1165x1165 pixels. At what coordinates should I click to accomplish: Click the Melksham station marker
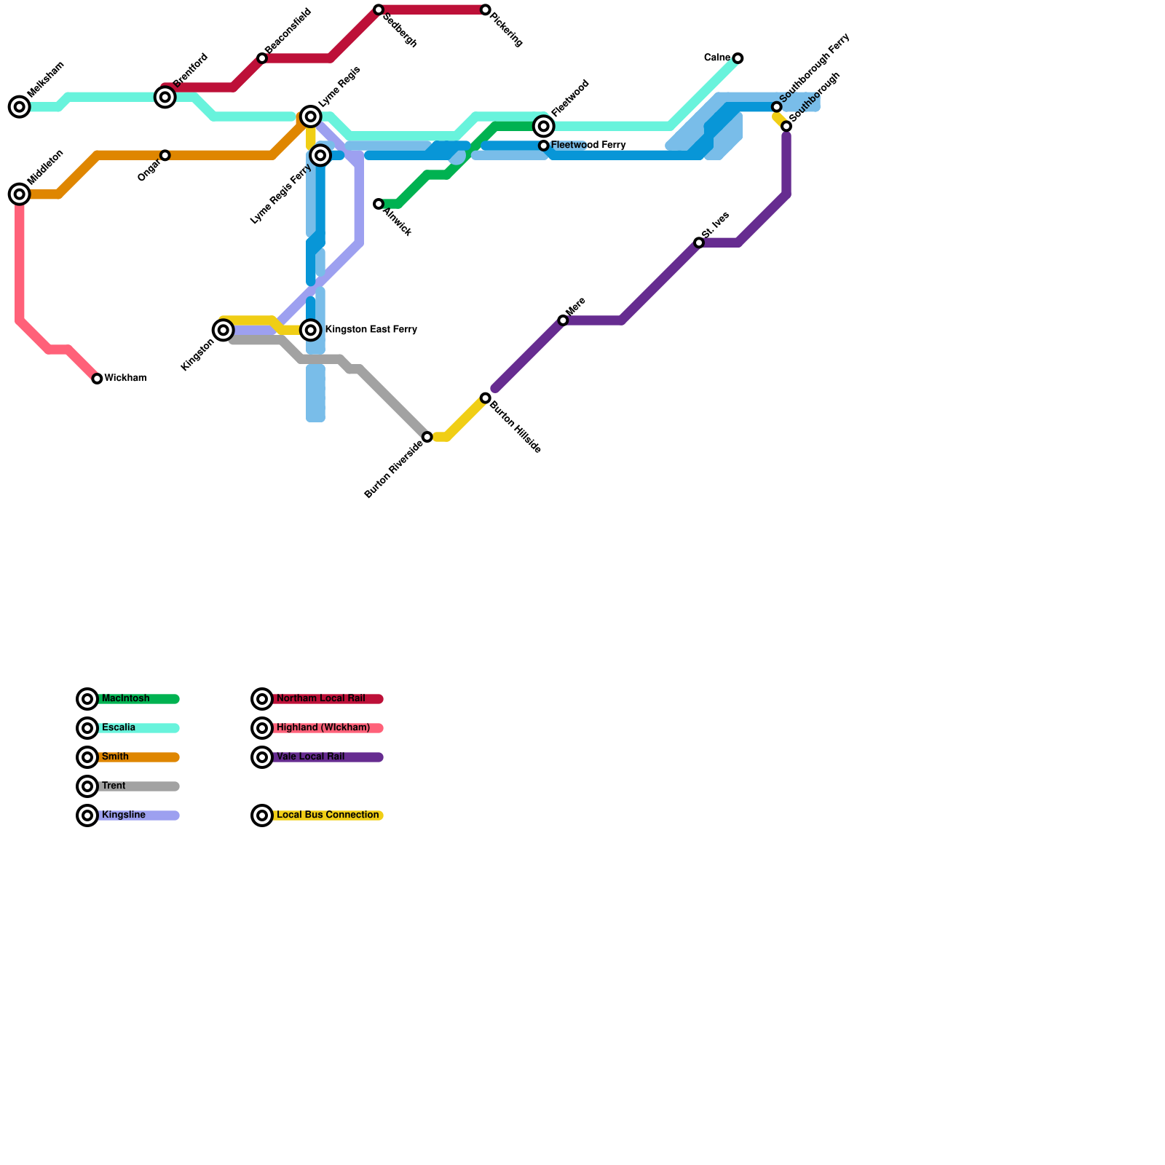click(20, 107)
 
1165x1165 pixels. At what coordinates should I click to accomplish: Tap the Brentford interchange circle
click(165, 97)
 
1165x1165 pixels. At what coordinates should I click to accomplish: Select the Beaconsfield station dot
click(262, 58)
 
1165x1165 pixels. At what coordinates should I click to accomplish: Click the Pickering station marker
click(486, 10)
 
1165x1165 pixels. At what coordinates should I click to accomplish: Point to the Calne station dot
click(738, 58)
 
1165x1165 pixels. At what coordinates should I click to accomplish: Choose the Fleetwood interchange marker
click(543, 127)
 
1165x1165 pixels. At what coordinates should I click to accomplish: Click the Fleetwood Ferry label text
click(588, 146)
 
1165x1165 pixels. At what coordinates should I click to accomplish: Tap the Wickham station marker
click(97, 379)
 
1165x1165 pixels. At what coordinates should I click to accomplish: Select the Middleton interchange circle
click(20, 194)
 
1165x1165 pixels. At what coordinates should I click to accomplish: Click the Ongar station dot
click(165, 155)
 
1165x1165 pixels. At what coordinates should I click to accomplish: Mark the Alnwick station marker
click(379, 205)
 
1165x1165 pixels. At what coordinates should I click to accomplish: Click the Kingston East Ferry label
click(371, 330)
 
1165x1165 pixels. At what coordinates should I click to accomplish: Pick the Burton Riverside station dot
click(427, 437)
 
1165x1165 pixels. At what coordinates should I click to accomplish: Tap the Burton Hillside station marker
click(486, 398)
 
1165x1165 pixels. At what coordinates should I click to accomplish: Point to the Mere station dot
click(563, 320)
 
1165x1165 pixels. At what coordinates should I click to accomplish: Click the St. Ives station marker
click(699, 242)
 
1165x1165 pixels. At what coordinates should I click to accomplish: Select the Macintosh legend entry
click(125, 699)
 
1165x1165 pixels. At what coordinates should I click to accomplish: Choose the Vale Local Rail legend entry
click(310, 757)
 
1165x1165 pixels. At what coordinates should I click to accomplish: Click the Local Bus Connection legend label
click(328, 815)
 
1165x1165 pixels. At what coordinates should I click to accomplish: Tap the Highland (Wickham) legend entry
click(323, 728)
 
